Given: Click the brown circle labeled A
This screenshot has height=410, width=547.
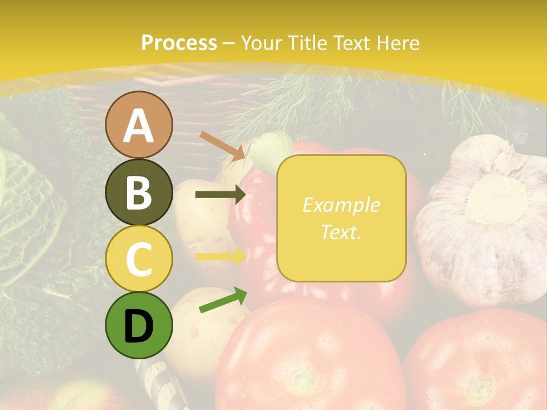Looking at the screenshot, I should click(x=138, y=125).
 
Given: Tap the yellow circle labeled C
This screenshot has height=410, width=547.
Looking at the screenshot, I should click(x=138, y=259).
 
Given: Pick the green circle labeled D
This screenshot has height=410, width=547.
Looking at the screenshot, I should click(x=138, y=326).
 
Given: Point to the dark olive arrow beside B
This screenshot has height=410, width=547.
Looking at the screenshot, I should click(x=220, y=195).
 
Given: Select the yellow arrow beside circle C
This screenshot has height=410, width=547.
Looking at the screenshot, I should click(x=220, y=256).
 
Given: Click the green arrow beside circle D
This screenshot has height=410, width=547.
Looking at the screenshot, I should click(x=222, y=300).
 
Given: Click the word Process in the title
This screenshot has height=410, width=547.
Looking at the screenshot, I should click(x=179, y=43).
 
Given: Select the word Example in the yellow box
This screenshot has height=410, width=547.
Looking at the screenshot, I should click(x=341, y=205).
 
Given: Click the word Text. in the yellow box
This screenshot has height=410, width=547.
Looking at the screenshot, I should click(x=341, y=232).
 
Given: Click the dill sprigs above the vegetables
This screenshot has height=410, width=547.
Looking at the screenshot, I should click(x=319, y=105).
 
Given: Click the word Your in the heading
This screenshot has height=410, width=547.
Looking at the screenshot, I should click(x=262, y=43).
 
